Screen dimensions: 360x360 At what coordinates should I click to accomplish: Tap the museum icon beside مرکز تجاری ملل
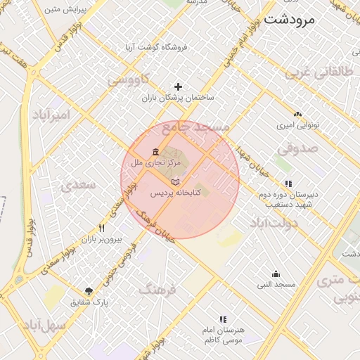[x=155, y=153]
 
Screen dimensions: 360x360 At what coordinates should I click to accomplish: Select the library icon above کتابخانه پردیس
[x=175, y=182]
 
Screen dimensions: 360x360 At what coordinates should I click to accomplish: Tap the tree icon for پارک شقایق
[x=89, y=291]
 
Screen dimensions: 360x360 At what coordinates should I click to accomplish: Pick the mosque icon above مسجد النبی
[x=276, y=274]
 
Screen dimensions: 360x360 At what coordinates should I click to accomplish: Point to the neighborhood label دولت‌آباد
[x=274, y=222]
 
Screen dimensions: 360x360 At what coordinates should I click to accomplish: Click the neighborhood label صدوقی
[x=297, y=148]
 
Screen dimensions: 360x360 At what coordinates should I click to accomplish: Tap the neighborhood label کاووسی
[x=129, y=81]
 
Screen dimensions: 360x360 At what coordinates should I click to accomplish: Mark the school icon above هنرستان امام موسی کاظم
[x=223, y=319]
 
